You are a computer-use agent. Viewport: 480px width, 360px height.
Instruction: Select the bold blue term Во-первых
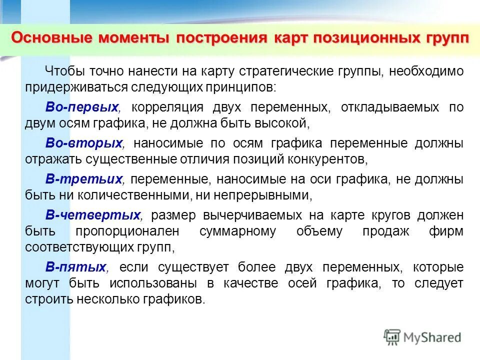point(82,107)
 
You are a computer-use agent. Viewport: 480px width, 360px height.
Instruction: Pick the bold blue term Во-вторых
point(84,143)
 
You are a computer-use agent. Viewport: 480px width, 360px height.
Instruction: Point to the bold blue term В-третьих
point(84,179)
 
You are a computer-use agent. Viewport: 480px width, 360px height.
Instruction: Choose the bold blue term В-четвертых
point(93,215)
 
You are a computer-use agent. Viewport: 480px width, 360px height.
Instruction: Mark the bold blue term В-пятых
point(76,267)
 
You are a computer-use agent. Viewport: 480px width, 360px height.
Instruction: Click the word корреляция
point(160,107)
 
